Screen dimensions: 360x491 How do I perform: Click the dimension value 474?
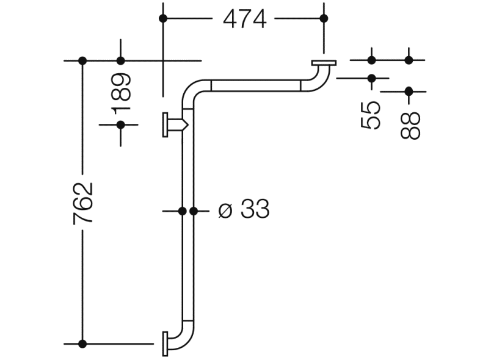pos(244,19)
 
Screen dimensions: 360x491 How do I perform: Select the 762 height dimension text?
pos(83,203)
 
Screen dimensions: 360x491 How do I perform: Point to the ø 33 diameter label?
pos(244,211)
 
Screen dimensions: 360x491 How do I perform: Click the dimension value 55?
pos(371,115)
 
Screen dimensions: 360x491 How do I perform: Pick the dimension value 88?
pos(412,124)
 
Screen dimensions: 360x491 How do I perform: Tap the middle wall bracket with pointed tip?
pos(175,125)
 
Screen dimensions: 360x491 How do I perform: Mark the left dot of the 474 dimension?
pos(163,18)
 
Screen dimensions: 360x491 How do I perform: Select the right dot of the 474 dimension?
pos(324,18)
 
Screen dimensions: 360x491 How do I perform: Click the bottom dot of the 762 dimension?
pos(83,344)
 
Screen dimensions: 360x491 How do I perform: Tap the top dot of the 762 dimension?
pos(83,60)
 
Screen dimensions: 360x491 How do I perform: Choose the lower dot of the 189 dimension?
pos(121,124)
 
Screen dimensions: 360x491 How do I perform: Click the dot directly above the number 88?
pos(409,92)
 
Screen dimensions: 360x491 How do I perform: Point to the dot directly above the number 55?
pos(371,78)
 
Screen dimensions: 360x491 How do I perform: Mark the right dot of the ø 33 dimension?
pos(194,211)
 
